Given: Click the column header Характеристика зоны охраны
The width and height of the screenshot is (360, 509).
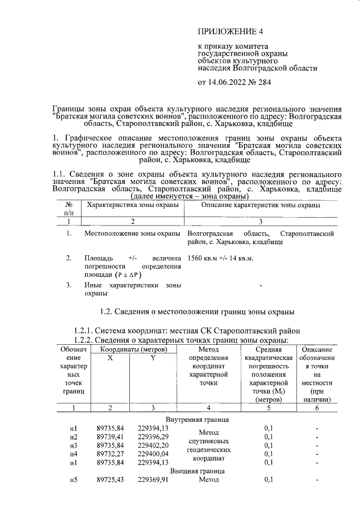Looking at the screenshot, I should click(x=132, y=206).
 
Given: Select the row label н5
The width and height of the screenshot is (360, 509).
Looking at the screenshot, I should click(x=73, y=480).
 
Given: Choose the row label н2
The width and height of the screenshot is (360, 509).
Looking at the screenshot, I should click(x=73, y=436).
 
